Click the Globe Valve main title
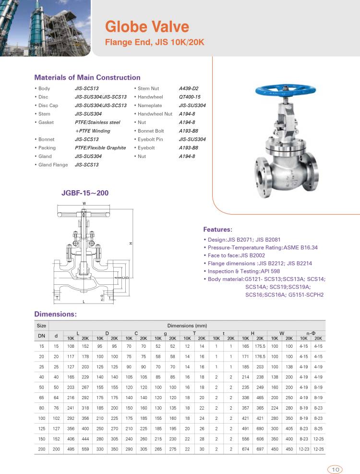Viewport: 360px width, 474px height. [147, 26]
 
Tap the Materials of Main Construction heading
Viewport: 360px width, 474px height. [87, 77]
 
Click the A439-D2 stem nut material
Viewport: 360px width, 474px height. [189, 88]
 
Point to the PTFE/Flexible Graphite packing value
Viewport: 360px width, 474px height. [100, 148]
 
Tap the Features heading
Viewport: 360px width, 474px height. [217, 230]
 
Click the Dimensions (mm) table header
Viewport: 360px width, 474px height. [187, 326]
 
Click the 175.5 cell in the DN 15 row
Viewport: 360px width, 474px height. [260, 346]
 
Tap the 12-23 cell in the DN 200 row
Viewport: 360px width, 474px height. [303, 449]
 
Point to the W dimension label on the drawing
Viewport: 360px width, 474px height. [84, 204]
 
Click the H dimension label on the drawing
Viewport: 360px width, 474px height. [131, 244]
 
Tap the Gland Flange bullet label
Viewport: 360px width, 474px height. [53, 165]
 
